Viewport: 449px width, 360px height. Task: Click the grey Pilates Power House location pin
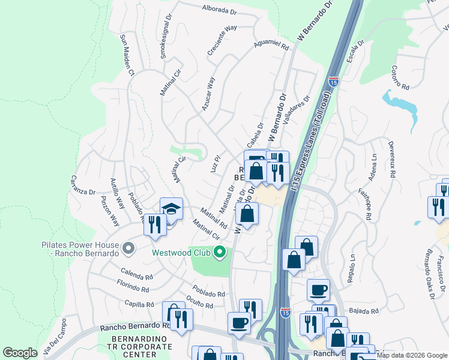point(127,248)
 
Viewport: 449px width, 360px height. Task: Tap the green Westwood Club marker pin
point(220,253)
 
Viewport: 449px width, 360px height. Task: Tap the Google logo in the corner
point(20,352)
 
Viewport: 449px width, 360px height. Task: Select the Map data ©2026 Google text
point(411,355)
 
